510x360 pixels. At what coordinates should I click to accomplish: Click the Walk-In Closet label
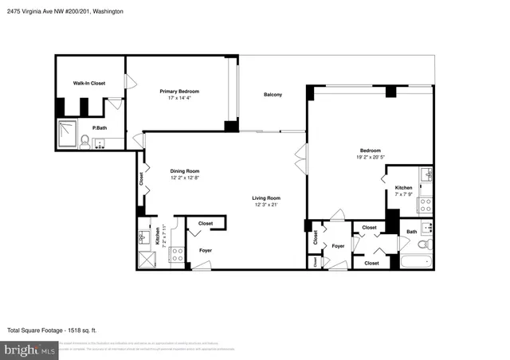point(89,83)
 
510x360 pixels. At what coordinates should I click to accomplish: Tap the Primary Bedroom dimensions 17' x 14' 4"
point(178,98)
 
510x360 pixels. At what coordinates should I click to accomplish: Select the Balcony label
point(273,95)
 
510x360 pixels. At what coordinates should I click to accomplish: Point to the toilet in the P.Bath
point(84,141)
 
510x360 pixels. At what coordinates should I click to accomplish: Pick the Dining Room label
point(184,170)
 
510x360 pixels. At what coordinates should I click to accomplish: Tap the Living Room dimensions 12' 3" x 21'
point(266,205)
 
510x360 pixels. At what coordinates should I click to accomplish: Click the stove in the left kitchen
point(178,254)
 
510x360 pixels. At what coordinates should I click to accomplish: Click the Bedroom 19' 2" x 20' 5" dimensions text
point(370,157)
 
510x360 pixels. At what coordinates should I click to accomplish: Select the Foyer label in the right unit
point(338,246)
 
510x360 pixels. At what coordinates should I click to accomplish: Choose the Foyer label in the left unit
point(206,250)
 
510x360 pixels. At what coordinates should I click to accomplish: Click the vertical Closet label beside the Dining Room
point(141,180)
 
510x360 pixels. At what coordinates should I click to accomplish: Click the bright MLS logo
point(29,349)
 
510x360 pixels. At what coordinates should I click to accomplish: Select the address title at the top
point(61,11)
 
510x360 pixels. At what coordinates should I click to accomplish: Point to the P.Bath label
point(100,127)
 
